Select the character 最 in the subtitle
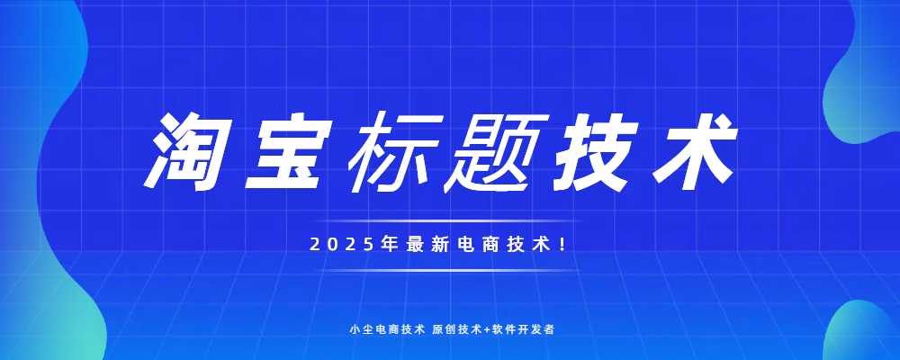[414, 245]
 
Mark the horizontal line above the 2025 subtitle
[448, 220]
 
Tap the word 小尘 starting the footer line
[359, 330]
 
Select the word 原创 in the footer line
[442, 330]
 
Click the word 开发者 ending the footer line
[538, 330]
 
